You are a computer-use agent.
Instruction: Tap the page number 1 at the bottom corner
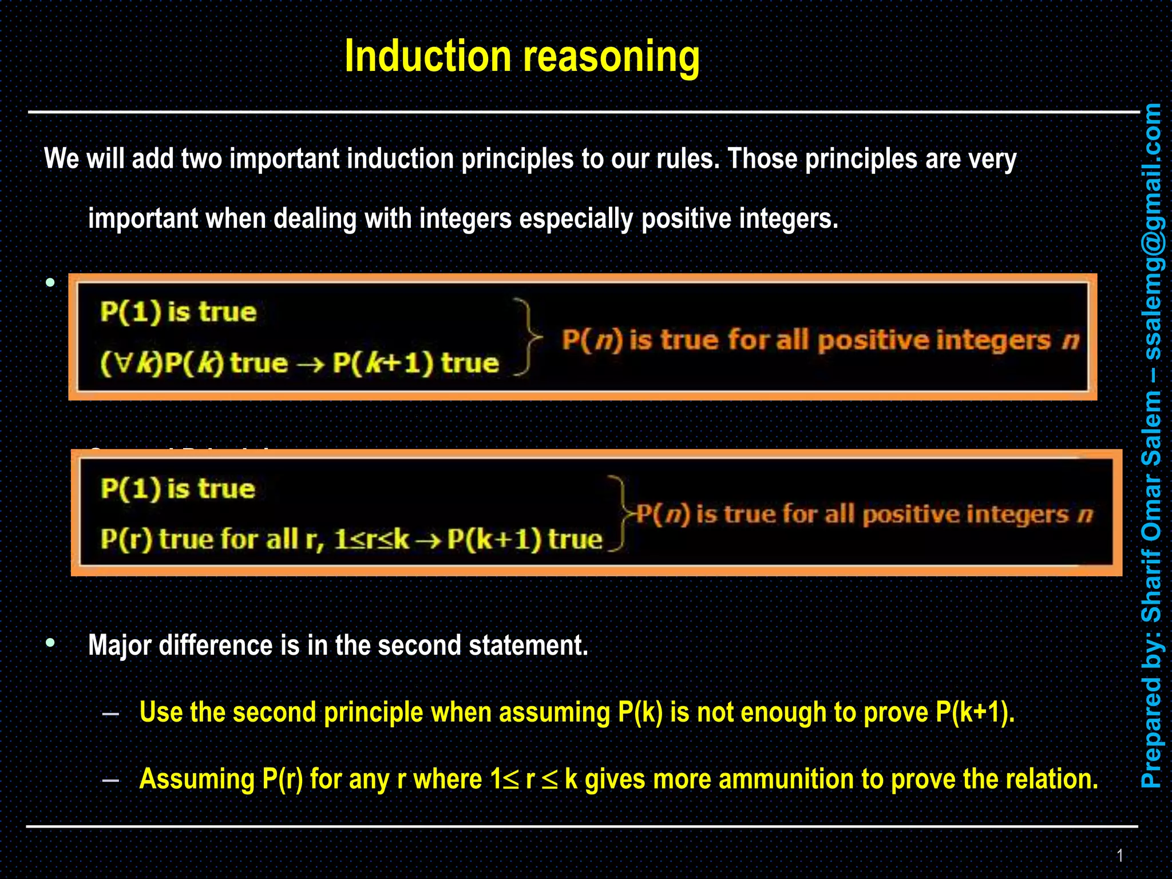1120,856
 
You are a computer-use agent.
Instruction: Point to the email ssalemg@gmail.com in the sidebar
1151,232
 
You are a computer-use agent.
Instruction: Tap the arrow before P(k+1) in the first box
311,364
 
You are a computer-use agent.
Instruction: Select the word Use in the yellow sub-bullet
161,712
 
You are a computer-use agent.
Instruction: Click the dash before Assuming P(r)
110,779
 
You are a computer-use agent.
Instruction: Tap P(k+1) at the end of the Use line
974,712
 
